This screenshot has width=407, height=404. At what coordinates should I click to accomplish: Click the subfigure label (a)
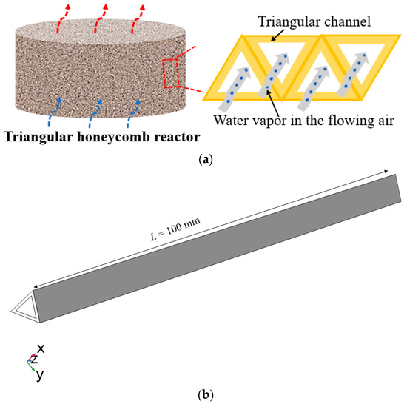coord(203,158)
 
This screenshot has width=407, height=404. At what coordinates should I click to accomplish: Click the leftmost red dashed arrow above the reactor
coord(64,15)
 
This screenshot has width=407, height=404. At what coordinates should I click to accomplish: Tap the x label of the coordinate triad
coord(42,347)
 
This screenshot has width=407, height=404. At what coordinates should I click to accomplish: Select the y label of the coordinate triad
coord(39,374)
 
